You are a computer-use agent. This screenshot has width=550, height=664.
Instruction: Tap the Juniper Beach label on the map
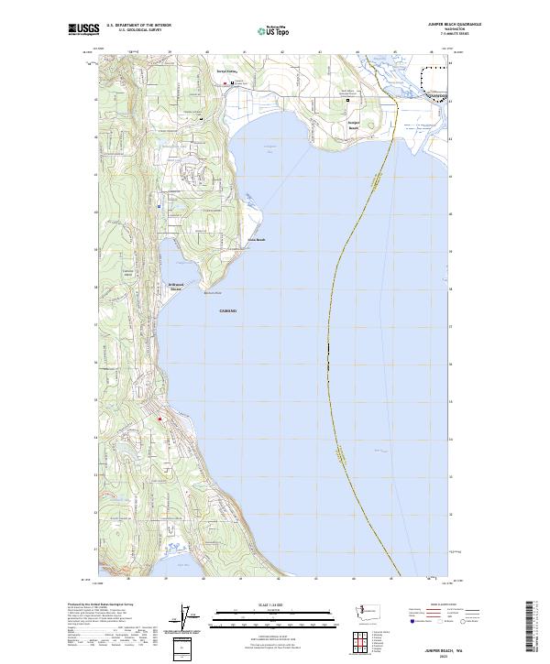point(354,125)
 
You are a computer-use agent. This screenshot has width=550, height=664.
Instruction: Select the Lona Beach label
point(257,240)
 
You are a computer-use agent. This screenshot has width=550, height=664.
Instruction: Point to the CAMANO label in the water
point(228,311)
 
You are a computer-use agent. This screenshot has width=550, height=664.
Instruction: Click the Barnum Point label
point(213,292)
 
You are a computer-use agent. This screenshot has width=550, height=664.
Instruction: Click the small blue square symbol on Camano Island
point(159,206)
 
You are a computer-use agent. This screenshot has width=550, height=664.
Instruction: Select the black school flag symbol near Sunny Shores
point(232,83)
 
